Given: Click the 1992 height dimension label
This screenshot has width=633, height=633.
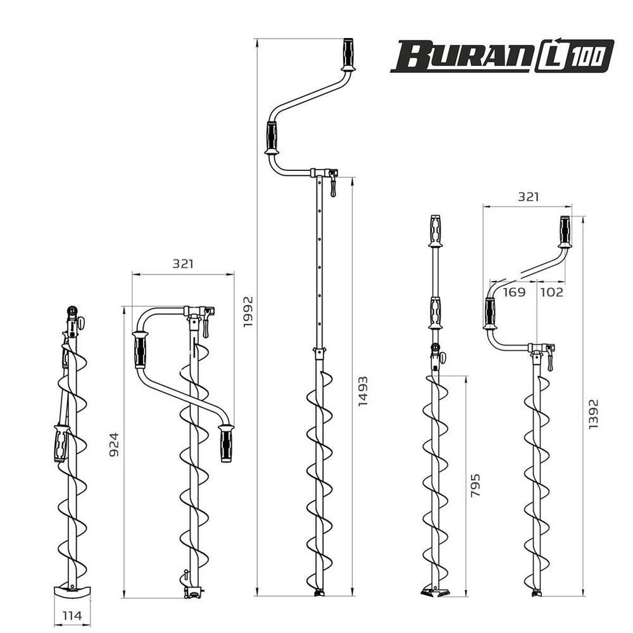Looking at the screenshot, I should tap(248, 311).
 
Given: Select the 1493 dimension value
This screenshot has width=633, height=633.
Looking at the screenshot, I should tap(363, 391).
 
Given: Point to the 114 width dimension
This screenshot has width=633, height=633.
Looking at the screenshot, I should tap(72, 615).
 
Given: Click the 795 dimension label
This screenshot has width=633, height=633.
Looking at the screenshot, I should tap(476, 486).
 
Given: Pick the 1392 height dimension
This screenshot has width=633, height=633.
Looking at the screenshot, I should tap(593, 414).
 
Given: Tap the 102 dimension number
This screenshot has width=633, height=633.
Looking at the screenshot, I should tap(552, 292).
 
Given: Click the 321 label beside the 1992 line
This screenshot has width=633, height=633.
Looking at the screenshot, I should tap(182, 264).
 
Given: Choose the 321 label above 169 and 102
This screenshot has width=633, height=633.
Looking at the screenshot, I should tap(527, 197).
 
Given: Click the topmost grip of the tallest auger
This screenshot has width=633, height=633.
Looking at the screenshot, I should tap(348, 54).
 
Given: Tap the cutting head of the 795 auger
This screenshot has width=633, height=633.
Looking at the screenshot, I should tap(436, 591).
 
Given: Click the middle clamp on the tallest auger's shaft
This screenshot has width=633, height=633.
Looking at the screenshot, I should tap(320, 351).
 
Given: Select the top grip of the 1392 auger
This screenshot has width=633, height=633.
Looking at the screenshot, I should tap(565, 232).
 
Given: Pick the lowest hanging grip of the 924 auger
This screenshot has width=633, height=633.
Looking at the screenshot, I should tap(225, 443).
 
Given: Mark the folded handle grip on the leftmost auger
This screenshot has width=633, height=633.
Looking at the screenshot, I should tap(61, 442).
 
